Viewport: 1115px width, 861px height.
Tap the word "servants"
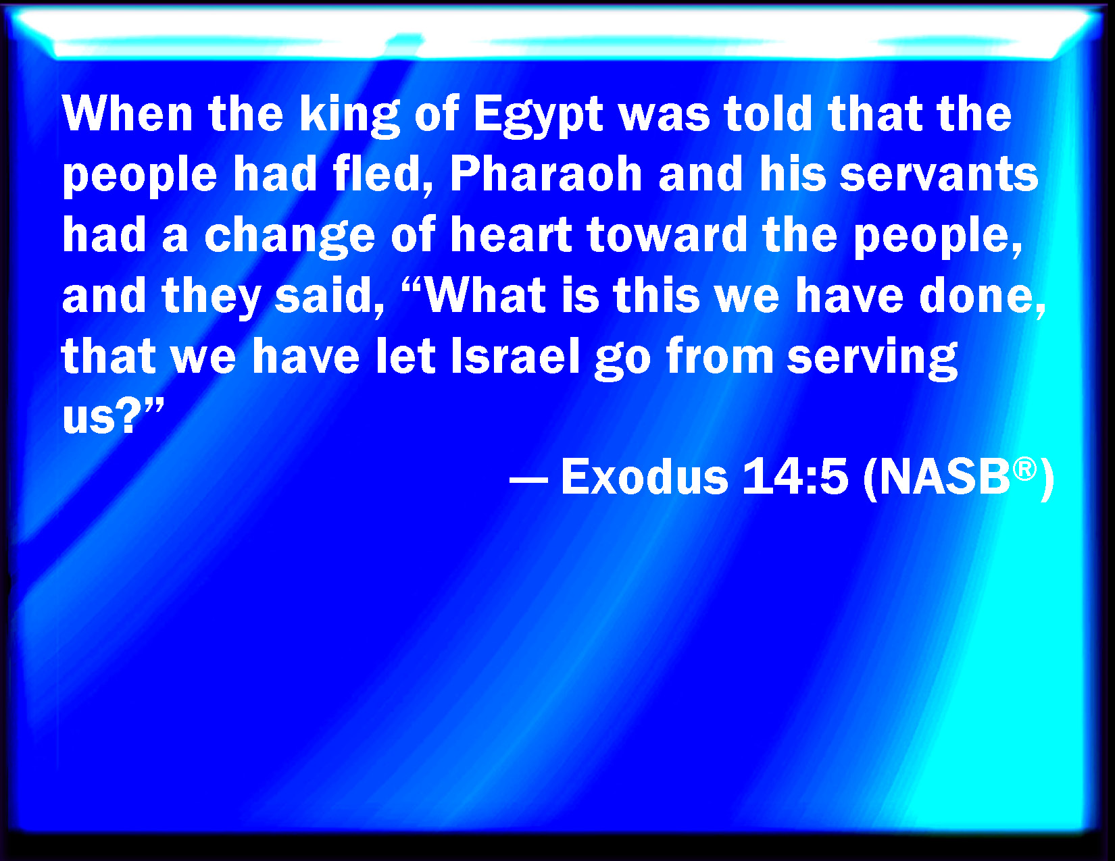tap(939, 174)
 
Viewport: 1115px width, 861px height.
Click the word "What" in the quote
tap(485, 294)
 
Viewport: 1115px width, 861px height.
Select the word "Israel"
tap(515, 355)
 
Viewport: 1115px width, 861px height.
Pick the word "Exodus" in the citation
tap(645, 476)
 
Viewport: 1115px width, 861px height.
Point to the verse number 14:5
tap(795, 476)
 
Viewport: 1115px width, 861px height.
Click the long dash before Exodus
tap(528, 482)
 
